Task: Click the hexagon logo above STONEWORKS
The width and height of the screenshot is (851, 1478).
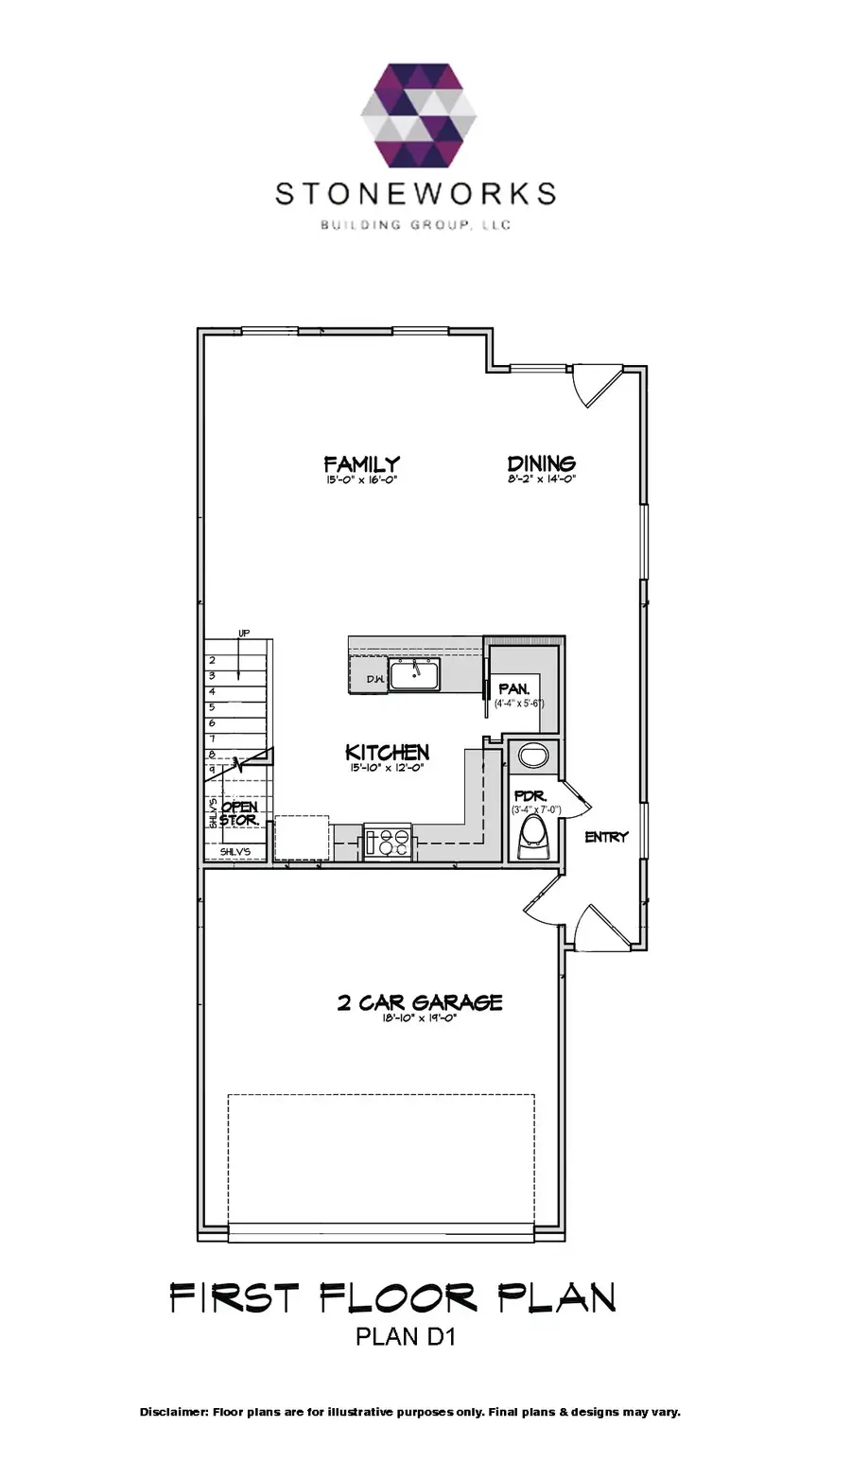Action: (419, 114)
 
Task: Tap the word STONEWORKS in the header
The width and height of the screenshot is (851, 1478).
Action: (415, 194)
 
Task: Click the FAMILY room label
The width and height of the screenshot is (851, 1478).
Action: (361, 463)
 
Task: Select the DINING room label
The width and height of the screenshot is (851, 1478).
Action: (541, 463)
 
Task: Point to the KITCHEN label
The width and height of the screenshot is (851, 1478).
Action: (387, 752)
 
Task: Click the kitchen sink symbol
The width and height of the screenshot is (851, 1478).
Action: (414, 675)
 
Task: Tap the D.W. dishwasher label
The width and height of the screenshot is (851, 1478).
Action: (375, 680)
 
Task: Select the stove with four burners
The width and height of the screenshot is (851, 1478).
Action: (388, 842)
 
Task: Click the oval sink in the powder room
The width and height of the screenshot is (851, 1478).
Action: (533, 756)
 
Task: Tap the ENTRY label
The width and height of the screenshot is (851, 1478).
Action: (606, 837)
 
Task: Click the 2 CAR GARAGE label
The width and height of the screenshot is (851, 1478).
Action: (419, 1002)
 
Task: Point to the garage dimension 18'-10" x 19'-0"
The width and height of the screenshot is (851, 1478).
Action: (419, 1019)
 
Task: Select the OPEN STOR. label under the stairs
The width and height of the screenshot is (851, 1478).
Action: (239, 813)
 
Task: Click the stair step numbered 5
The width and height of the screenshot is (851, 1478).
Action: (212, 706)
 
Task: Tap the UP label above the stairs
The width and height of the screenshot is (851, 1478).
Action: (244, 633)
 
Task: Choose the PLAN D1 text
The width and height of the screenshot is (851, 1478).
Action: (406, 1338)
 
